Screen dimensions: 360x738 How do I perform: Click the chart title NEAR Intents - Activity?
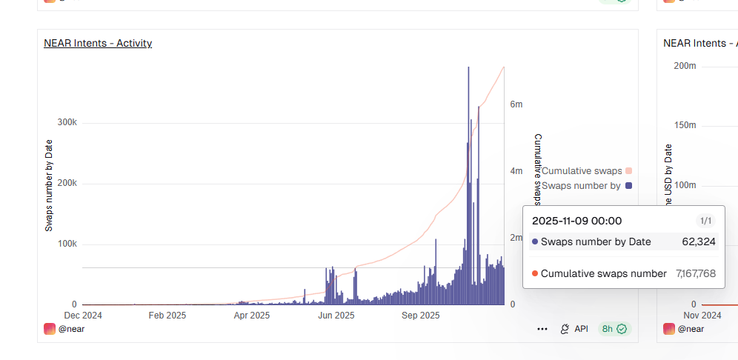pyautogui.click(x=98, y=43)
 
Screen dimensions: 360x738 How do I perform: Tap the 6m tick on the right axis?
pyautogui.click(x=516, y=104)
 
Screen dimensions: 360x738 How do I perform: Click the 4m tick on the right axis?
pyautogui.click(x=516, y=171)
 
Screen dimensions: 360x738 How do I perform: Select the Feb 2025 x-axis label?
pyautogui.click(x=167, y=316)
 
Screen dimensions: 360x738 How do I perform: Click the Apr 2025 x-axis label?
pyautogui.click(x=252, y=316)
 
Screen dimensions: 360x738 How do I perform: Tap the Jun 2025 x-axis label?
pyautogui.click(x=336, y=316)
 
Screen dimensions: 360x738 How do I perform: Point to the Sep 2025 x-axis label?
pyautogui.click(x=421, y=316)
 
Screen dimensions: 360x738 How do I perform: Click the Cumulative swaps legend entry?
pyautogui.click(x=582, y=171)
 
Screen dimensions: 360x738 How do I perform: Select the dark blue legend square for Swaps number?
pyautogui.click(x=629, y=186)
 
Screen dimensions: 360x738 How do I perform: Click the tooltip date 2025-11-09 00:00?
pyautogui.click(x=577, y=221)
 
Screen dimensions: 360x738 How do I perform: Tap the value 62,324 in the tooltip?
pyautogui.click(x=699, y=241)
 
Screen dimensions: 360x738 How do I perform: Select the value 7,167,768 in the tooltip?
pyautogui.click(x=696, y=274)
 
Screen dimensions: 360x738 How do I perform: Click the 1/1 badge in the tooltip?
pyautogui.click(x=705, y=221)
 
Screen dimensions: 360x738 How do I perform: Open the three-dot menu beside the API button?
pyautogui.click(x=542, y=329)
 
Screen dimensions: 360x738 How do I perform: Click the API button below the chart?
pyautogui.click(x=574, y=329)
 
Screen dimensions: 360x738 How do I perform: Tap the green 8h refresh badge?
pyautogui.click(x=614, y=329)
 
